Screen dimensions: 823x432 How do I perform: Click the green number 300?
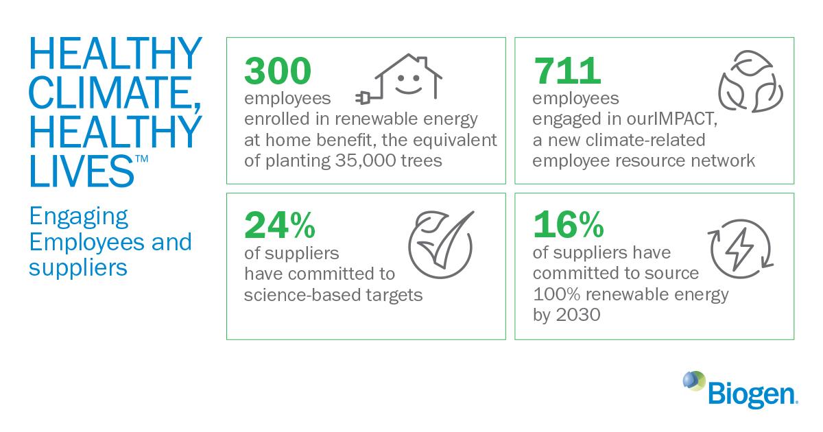[x=278, y=71]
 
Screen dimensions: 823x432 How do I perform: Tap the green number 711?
[x=567, y=71]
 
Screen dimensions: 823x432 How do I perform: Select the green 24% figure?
[x=280, y=225]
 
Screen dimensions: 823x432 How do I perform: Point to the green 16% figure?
[x=569, y=224]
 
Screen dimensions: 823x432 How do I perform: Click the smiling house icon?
[x=399, y=79]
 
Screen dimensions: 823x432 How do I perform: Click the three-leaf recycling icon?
[x=750, y=82]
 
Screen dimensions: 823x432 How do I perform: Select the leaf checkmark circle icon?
[x=441, y=244]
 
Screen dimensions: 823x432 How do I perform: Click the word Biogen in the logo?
[x=752, y=394]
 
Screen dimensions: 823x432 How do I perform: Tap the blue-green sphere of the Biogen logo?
[x=694, y=381]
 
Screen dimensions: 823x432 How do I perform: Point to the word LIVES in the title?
[x=82, y=171]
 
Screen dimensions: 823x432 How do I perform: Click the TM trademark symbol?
[x=142, y=158]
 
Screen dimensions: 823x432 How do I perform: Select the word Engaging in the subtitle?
[x=79, y=217]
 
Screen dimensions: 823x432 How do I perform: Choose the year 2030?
[x=578, y=315]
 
